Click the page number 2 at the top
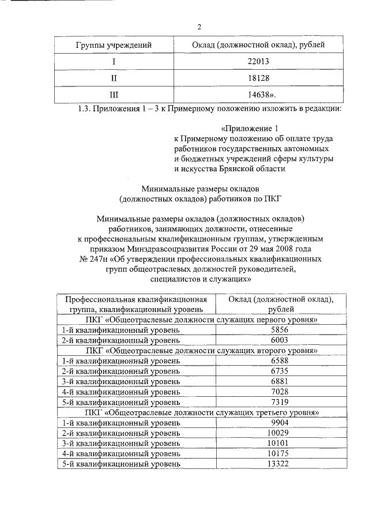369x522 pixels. coord(199,27)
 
